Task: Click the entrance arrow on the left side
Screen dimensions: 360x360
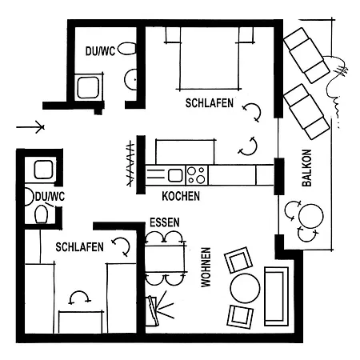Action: coord(30,127)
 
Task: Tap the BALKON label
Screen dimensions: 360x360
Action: coord(306,168)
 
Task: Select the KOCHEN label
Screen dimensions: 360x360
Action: coord(181,196)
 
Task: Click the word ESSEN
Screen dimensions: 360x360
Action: coord(165,222)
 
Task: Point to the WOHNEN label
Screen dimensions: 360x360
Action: coord(206,267)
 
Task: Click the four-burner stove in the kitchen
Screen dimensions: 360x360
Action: coord(197,175)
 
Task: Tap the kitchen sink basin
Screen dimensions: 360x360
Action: coord(175,175)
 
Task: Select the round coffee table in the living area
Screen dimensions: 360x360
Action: coord(245,288)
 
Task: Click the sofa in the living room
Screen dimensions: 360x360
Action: coord(276,296)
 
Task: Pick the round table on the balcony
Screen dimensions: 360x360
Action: coord(311,216)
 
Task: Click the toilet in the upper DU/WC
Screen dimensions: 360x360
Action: coord(127,49)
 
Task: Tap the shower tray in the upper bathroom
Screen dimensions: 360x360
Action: coord(89,87)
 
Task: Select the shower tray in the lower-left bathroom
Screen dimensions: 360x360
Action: coord(43,170)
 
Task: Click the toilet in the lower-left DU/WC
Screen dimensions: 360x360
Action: coord(42,214)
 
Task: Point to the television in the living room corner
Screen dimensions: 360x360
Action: coord(154,310)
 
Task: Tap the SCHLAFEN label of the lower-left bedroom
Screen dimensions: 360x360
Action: coord(79,247)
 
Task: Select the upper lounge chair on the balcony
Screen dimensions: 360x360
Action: coord(306,55)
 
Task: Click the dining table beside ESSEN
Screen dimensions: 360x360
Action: coord(166,257)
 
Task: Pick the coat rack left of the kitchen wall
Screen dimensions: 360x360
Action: coord(130,164)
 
